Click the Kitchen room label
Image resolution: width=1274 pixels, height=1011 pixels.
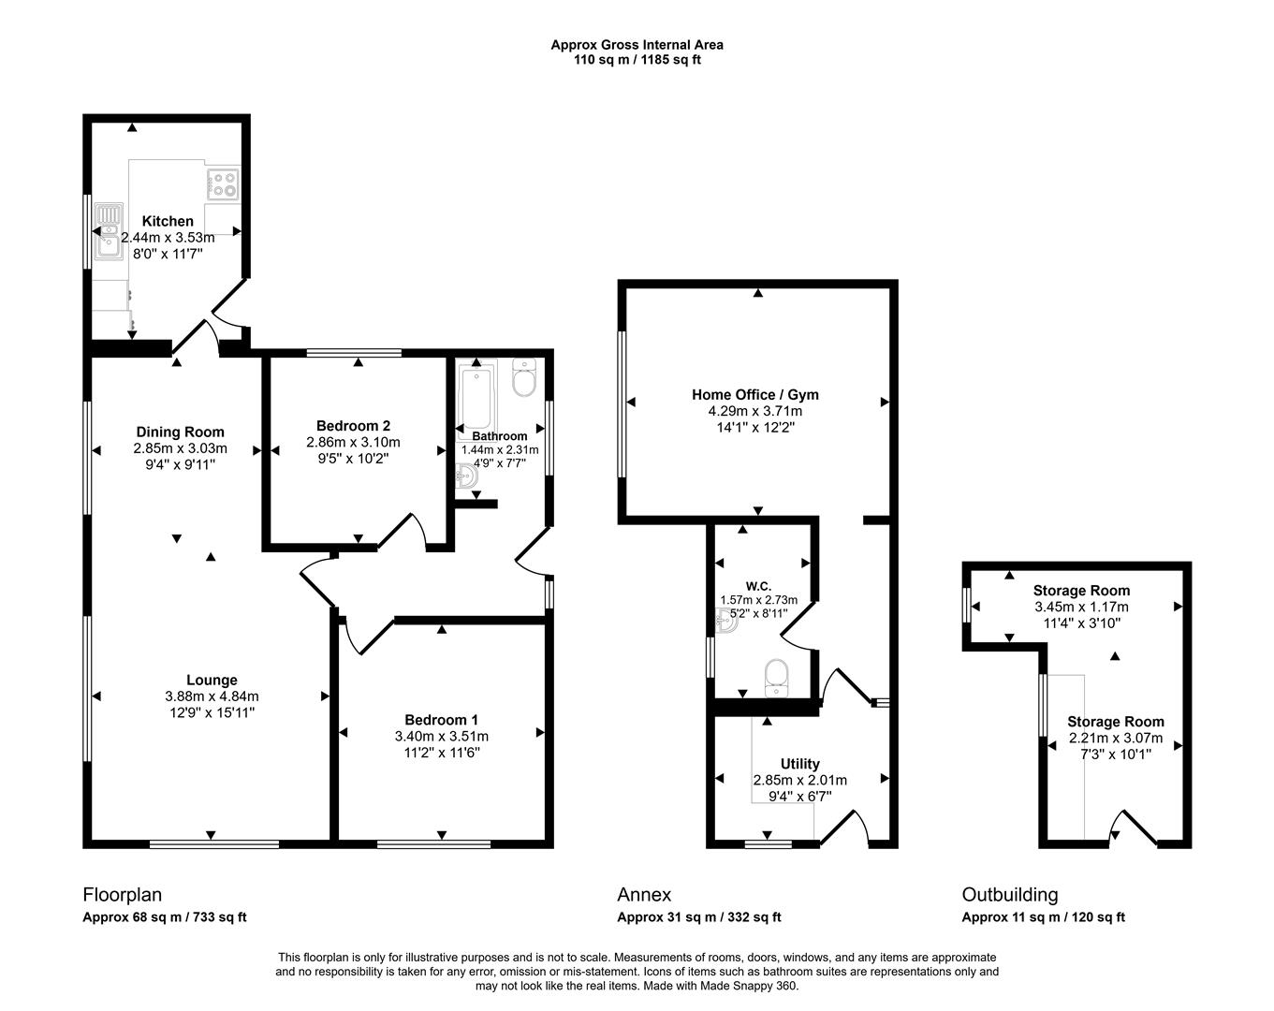(168, 221)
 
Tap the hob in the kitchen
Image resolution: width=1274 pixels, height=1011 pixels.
(223, 183)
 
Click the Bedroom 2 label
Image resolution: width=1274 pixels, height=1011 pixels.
(353, 425)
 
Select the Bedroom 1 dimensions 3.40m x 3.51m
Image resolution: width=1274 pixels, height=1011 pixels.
(442, 736)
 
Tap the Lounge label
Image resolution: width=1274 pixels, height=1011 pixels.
(212, 680)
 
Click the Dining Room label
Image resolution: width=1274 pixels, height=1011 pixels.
(181, 432)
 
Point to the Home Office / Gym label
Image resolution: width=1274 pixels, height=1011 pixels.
(755, 394)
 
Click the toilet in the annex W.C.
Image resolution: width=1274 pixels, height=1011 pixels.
(777, 678)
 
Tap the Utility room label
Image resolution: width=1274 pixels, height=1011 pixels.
(799, 763)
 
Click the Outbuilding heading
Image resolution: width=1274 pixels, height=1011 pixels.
(1010, 895)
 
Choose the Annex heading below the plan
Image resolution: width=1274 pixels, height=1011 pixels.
(644, 895)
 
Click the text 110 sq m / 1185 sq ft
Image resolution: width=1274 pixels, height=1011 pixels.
(637, 60)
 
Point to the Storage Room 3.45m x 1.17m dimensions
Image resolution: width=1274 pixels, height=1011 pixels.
(1081, 607)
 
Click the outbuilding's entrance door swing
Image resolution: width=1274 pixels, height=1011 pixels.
(1130, 828)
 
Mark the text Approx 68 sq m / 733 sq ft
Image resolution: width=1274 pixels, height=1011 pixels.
(165, 917)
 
